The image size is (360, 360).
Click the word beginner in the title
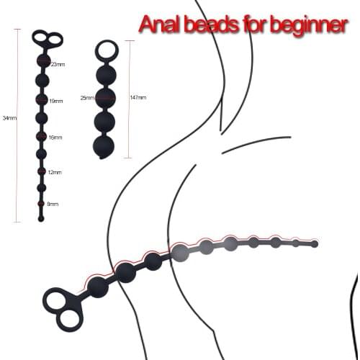[x=302, y=25]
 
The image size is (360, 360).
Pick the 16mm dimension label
[x=55, y=137]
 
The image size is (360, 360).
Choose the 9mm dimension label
[x=53, y=204]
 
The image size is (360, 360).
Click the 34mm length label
[x=9, y=117]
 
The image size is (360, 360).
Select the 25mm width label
[x=87, y=98]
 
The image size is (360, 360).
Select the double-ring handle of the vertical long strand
[x=47, y=38]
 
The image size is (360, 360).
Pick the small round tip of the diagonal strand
[x=314, y=244]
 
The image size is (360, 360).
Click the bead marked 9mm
[x=42, y=204]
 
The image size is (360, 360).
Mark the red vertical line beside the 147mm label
[x=128, y=98]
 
